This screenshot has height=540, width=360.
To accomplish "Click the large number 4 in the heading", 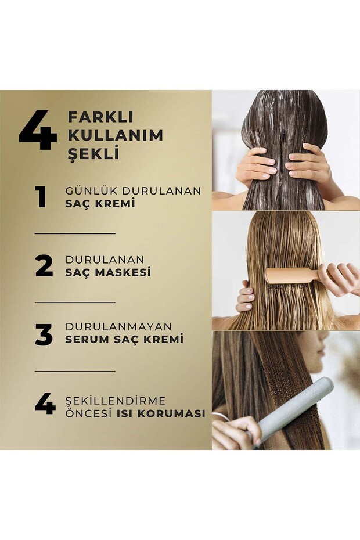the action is click(38, 130).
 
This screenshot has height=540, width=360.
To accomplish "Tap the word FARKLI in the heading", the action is click(100, 117).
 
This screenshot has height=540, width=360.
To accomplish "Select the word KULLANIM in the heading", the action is click(116, 135).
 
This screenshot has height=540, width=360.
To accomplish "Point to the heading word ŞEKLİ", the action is click(93, 152).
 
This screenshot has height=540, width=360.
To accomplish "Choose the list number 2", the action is click(44, 266).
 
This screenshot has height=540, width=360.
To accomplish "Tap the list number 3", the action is click(44, 334).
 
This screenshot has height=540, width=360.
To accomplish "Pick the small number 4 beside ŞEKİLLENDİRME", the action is click(45, 404).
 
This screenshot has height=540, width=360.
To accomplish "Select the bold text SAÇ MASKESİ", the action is click(108, 272).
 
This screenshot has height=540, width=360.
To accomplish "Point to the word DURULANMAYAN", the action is click(118, 326).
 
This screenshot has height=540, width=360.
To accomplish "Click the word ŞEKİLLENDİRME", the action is click(116, 401).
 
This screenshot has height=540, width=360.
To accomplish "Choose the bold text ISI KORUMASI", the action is click(161, 413).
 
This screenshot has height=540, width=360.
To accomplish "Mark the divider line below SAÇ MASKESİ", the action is click(75, 303).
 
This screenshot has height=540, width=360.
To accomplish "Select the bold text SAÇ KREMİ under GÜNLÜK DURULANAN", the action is click(100, 203).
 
